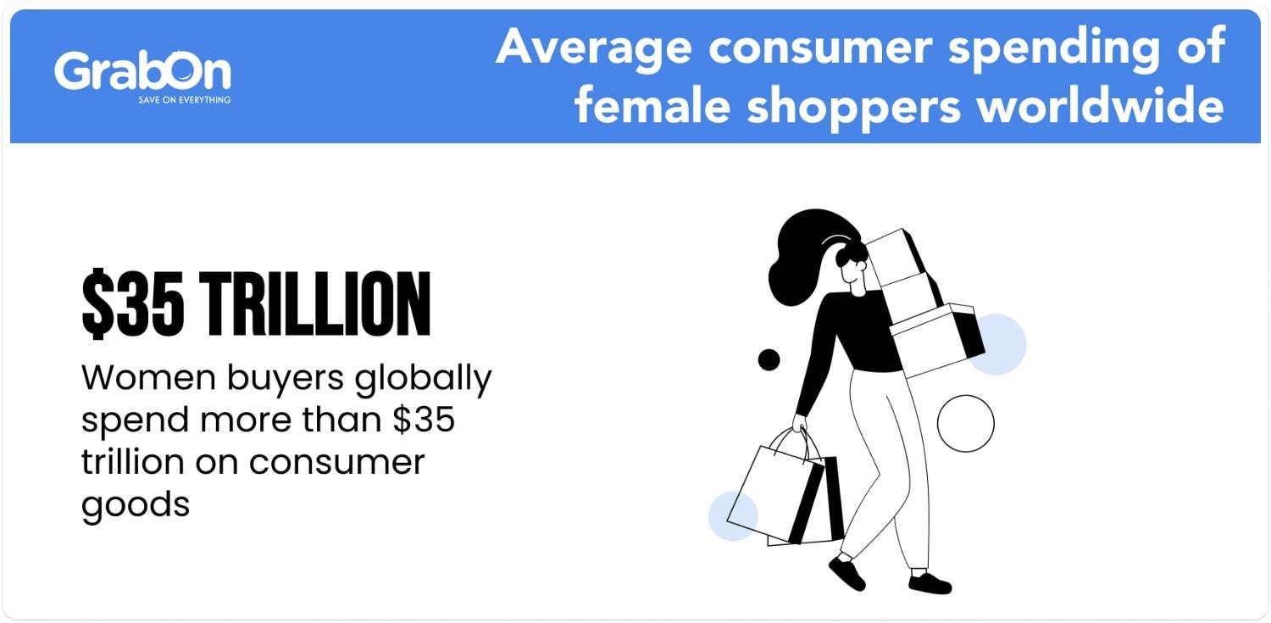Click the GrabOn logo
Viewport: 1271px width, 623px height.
[142, 72]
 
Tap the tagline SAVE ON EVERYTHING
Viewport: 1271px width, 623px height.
[184, 100]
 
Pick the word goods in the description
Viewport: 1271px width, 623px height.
[135, 506]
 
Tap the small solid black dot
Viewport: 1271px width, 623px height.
[769, 359]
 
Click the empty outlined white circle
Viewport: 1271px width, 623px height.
[965, 423]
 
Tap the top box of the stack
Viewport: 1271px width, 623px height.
[895, 253]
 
